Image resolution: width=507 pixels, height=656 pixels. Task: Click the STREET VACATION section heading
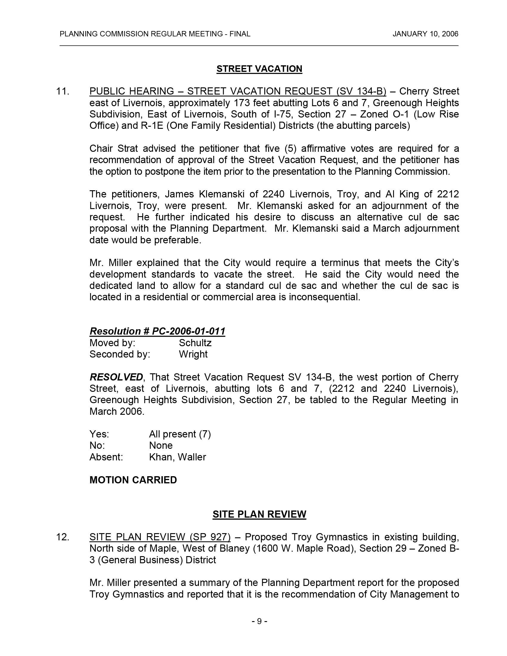pos(259,69)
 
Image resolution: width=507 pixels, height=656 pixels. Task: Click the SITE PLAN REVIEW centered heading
pos(259,514)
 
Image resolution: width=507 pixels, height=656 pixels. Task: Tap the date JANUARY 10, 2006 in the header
pos(425,34)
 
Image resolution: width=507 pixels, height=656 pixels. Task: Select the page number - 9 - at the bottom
pos(259,621)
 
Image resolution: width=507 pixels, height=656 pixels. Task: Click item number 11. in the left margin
pos(63,91)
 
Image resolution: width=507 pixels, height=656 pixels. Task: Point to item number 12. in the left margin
pos(63,537)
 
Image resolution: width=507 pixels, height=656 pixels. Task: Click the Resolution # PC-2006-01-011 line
pos(157,331)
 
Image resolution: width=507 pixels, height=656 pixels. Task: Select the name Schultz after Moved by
pos(195,343)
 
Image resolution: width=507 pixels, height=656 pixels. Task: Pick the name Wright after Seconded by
pos(193,354)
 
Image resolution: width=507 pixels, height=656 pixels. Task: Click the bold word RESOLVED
pos(116,377)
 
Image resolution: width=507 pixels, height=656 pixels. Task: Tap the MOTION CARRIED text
pos(133,480)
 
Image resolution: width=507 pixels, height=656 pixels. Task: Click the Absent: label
pos(106,457)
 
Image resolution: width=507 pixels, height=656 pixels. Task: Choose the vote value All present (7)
pos(180,434)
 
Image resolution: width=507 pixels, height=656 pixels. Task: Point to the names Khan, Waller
pos(177,457)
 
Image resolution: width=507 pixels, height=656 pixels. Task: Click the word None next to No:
pos(161,445)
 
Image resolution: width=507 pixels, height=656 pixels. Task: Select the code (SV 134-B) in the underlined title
pos(361,91)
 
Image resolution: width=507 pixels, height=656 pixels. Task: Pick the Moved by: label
pos(112,343)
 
